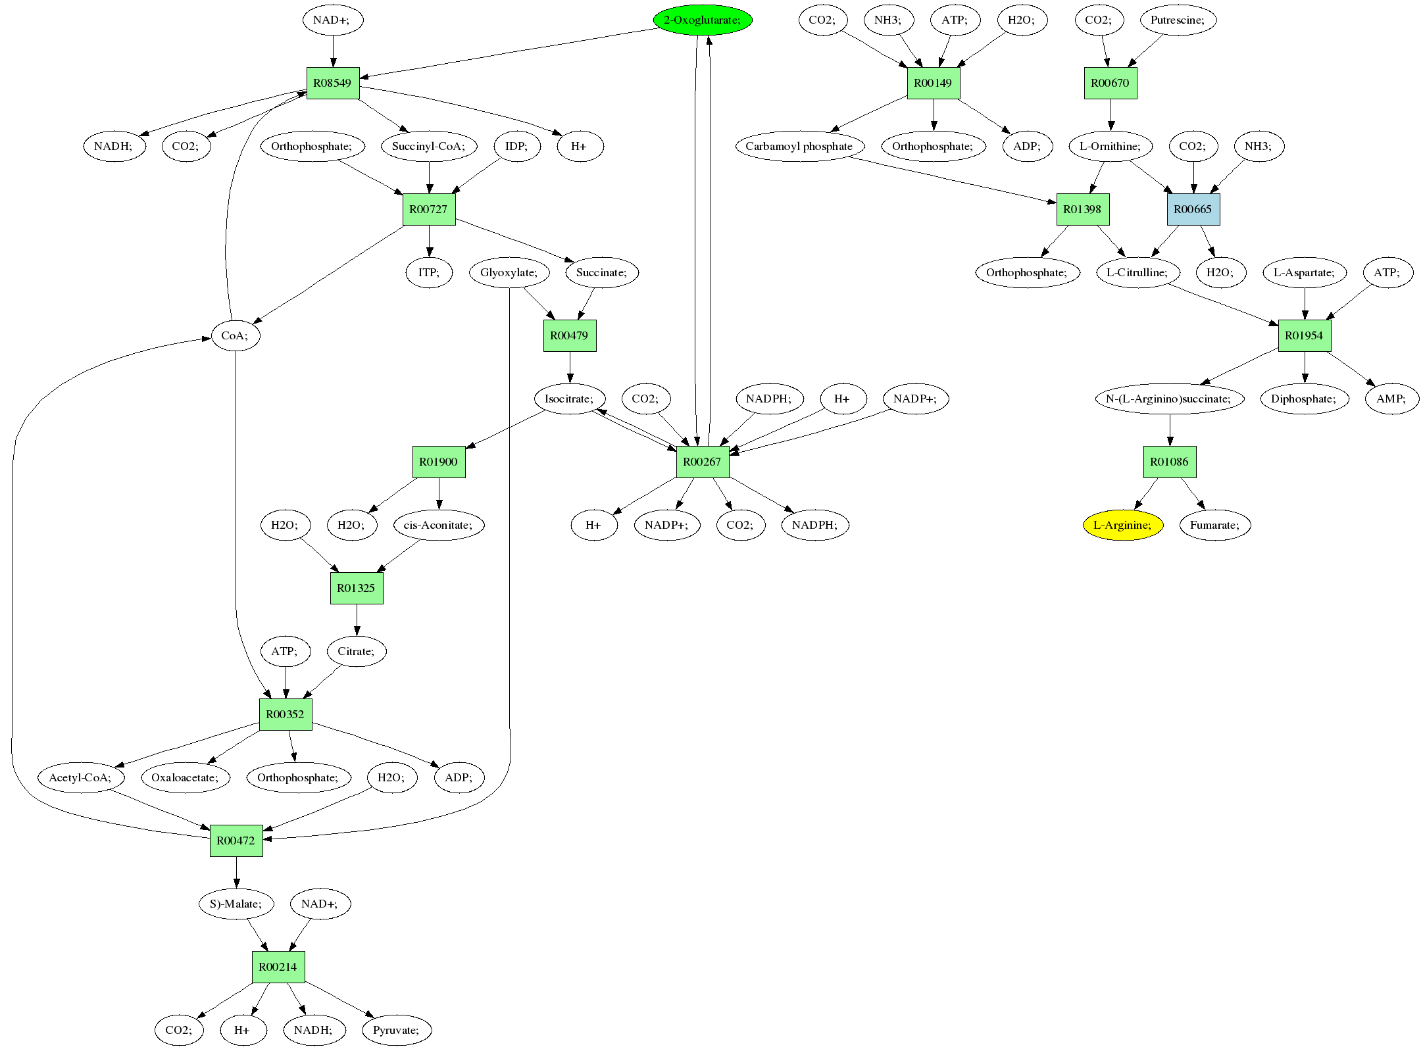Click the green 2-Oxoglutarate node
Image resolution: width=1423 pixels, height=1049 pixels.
pyautogui.click(x=703, y=20)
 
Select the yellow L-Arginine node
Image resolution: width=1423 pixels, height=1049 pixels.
pyautogui.click(x=1123, y=525)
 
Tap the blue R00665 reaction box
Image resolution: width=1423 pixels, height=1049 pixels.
pyautogui.click(x=1193, y=209)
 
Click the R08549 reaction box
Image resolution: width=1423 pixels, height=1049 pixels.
pyautogui.click(x=333, y=83)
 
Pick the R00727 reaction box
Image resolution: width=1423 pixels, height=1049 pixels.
pyautogui.click(x=428, y=209)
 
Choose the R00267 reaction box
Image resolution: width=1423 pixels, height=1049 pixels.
pyautogui.click(x=703, y=462)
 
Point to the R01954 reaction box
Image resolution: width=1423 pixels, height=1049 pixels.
pyautogui.click(x=1305, y=335)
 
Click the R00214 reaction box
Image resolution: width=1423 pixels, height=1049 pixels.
pyautogui.click(x=278, y=967)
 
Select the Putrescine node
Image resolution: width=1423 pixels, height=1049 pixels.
pyautogui.click(x=1178, y=20)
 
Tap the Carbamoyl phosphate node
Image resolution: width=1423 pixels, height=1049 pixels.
pyautogui.click(x=799, y=146)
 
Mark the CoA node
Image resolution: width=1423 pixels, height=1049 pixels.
pyautogui.click(x=236, y=335)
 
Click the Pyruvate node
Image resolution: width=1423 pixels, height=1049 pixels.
pyautogui.click(x=397, y=1030)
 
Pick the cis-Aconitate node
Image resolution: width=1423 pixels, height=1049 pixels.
pyautogui.click(x=439, y=525)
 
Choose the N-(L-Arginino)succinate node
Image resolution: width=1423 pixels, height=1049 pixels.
pyautogui.click(x=1170, y=399)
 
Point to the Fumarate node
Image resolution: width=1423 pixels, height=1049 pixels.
pyautogui.click(x=1215, y=525)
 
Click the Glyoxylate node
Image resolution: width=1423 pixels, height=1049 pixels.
pyautogui.click(x=509, y=272)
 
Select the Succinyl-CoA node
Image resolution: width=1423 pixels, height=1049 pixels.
pyautogui.click(x=429, y=146)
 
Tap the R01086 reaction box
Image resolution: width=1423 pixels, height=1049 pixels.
pyautogui.click(x=1170, y=462)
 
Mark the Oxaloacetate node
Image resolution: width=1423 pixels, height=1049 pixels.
pyautogui.click(x=186, y=777)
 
